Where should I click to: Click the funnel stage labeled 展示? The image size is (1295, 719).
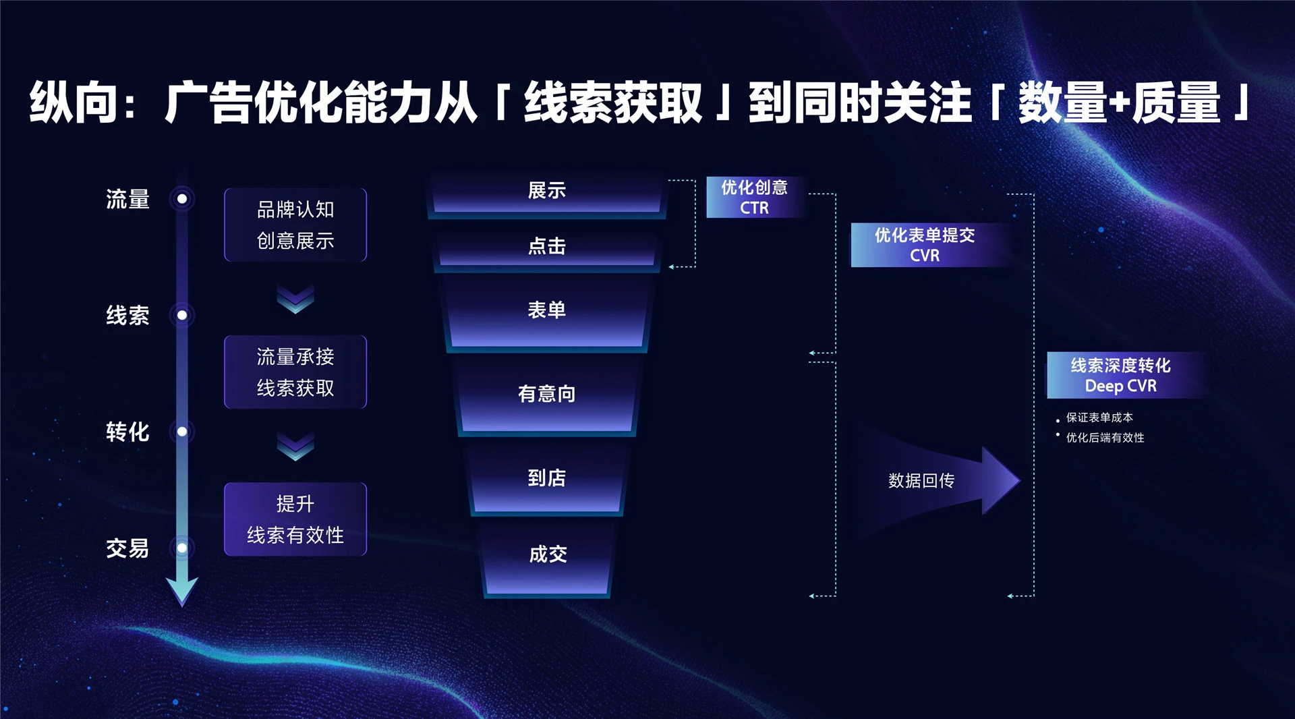(546, 192)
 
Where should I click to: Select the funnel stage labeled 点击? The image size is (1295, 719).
(546, 247)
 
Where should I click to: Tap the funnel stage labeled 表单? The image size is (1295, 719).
(546, 311)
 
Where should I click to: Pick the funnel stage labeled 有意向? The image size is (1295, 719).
(546, 394)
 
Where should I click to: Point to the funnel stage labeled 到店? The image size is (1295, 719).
(546, 478)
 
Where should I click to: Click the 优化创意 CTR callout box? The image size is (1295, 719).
(754, 198)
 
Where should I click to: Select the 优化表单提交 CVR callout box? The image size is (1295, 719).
(925, 246)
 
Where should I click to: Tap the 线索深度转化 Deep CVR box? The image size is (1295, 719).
(1120, 376)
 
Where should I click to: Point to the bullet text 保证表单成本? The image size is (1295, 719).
(1099, 418)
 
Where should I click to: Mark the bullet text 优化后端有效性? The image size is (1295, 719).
(1105, 438)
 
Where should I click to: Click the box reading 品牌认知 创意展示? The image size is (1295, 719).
(295, 225)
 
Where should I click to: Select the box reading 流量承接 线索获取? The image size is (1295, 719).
(295, 372)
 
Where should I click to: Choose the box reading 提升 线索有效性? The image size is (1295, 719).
(295, 519)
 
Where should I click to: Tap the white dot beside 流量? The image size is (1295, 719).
(182, 199)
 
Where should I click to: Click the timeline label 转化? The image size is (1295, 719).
(127, 432)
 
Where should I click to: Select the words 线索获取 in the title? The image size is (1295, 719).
(613, 103)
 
